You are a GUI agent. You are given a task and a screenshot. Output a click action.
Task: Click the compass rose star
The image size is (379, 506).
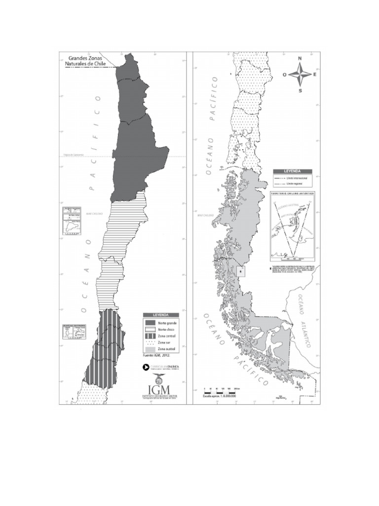300,75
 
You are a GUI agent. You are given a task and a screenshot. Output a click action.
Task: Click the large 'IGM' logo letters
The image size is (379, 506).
159,384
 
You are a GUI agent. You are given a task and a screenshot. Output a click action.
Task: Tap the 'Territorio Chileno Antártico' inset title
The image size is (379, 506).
293,193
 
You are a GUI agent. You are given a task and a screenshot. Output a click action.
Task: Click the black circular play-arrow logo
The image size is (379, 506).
146,367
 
